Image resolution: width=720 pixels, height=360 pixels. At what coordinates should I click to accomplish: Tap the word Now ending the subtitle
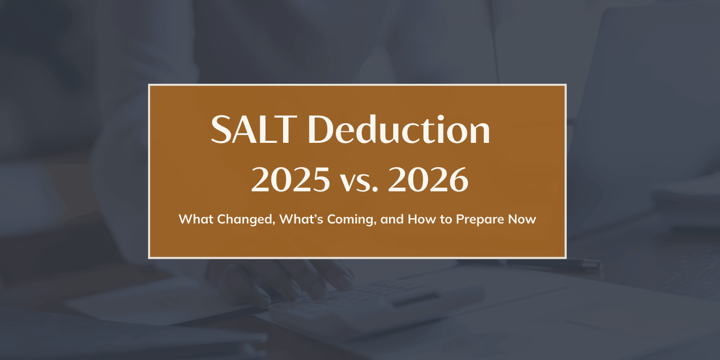click(523, 219)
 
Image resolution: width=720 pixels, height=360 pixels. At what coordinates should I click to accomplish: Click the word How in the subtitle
click(421, 219)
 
